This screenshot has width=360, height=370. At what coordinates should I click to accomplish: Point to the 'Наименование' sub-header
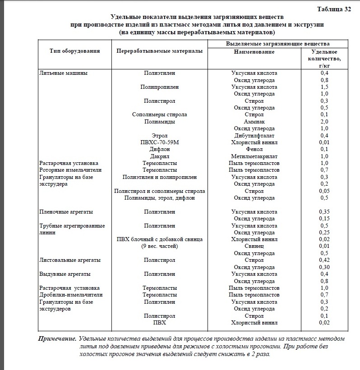coord(254,52)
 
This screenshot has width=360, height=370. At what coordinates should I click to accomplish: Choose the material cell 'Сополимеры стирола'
coord(159,114)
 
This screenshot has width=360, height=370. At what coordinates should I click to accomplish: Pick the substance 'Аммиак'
coord(254,122)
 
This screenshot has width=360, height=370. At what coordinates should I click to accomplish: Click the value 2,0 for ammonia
coord(324,122)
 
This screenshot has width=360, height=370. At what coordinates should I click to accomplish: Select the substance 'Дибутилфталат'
coord(254,136)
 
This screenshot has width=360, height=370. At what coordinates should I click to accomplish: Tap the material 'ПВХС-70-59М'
coord(159,142)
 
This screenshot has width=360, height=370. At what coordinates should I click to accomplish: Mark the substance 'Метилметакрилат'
coord(254,156)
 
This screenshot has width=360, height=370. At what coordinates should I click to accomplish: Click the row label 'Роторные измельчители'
coord(70,170)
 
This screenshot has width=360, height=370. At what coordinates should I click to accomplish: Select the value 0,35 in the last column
coord(324,211)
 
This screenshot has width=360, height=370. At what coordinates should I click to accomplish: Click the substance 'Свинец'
coord(254,246)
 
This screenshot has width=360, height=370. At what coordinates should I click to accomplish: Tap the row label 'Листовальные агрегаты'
coord(69,260)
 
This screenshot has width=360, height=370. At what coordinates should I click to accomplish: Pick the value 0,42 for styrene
coord(324,260)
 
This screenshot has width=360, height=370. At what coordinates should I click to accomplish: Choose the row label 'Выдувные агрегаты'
coord(65,274)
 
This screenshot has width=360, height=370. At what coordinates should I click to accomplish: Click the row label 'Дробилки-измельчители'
coord(71,295)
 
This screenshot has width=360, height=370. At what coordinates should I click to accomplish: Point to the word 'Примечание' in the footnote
coord(56,338)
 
